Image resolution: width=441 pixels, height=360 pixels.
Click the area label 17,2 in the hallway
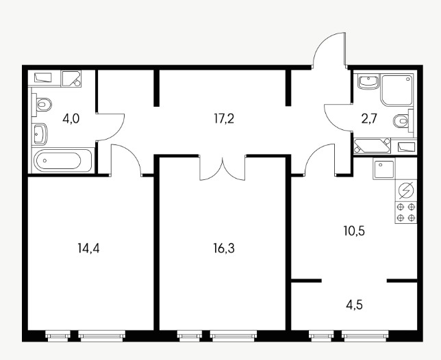point(224,119)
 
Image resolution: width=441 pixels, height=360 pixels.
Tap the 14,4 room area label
point(88,248)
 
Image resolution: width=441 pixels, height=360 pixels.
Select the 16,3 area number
point(224,248)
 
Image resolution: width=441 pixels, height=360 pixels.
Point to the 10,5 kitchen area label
point(354,231)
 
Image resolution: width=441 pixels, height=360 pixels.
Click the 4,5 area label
point(354,305)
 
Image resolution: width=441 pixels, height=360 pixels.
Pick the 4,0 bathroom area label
point(71,119)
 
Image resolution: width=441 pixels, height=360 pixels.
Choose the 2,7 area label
point(368,119)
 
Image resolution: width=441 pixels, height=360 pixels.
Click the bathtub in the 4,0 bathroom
point(62,160)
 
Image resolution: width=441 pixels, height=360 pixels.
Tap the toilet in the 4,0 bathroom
point(42,105)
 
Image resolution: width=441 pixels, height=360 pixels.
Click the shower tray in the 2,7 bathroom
point(397,90)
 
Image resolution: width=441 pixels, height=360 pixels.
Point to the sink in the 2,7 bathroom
point(368,81)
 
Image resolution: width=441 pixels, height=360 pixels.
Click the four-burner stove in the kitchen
point(406,212)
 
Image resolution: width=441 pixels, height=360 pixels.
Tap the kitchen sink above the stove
point(384,168)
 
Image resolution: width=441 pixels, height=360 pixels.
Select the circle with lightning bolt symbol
point(406,190)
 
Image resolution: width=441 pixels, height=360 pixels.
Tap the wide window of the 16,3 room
point(234,336)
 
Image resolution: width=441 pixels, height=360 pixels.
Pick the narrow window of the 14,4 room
point(58,336)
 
